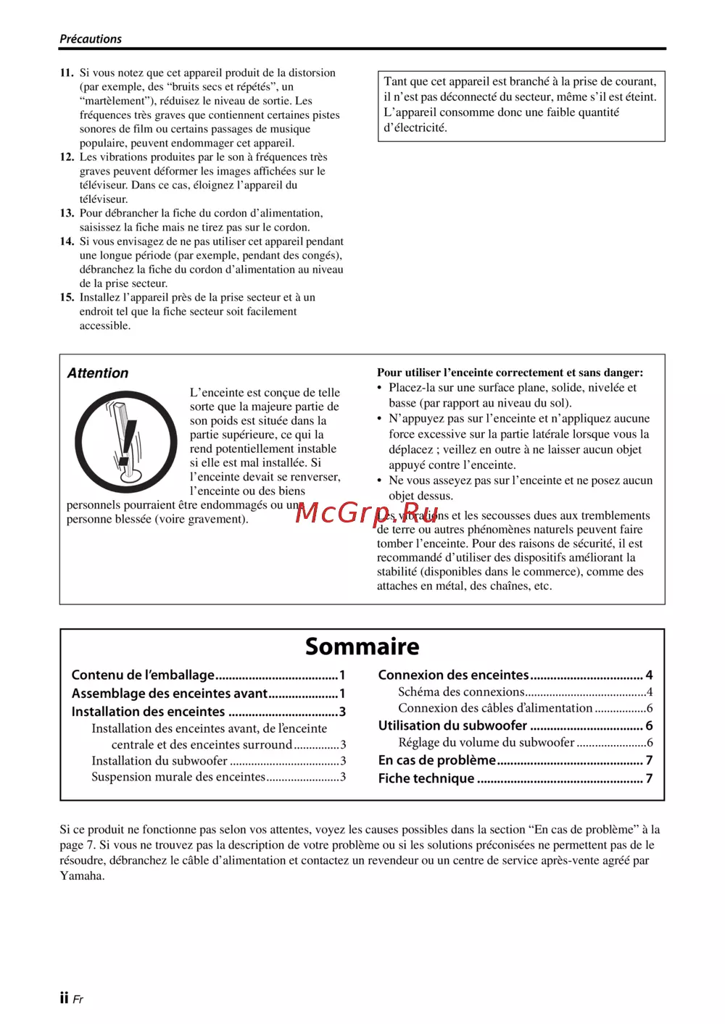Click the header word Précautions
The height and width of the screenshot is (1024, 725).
click(91, 39)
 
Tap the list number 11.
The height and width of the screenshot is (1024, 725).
click(67, 72)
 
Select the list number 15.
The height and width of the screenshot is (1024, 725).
click(67, 297)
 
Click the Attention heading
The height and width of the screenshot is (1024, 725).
click(98, 373)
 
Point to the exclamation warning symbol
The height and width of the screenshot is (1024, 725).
click(126, 441)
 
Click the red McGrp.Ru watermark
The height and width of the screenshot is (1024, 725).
click(367, 512)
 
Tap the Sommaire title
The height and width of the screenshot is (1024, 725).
click(362, 646)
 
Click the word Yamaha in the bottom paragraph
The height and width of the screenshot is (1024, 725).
click(82, 876)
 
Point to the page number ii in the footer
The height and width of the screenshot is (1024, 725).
click(64, 998)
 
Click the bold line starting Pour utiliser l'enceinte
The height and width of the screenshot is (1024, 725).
click(510, 372)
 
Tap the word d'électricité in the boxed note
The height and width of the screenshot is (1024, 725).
click(415, 128)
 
